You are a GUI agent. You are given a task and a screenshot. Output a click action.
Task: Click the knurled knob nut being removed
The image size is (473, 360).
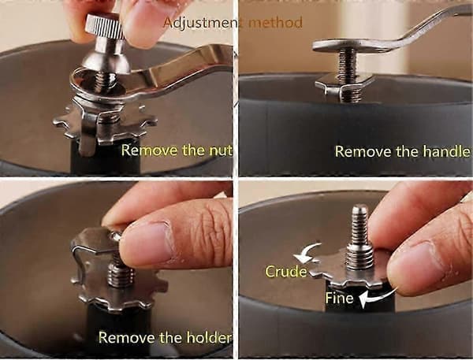tap(105, 26)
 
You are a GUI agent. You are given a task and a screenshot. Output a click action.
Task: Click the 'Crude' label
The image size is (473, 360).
tap(285, 271)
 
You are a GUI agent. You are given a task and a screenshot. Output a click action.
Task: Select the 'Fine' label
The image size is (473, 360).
tap(339, 298)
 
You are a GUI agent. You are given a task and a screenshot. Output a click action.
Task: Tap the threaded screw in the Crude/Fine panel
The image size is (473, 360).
tap(359, 237)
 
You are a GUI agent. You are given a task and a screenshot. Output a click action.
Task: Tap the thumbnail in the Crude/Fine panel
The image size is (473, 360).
tap(414, 262)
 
